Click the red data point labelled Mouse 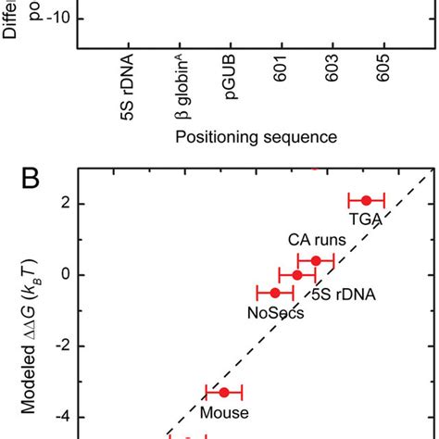(223, 392)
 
